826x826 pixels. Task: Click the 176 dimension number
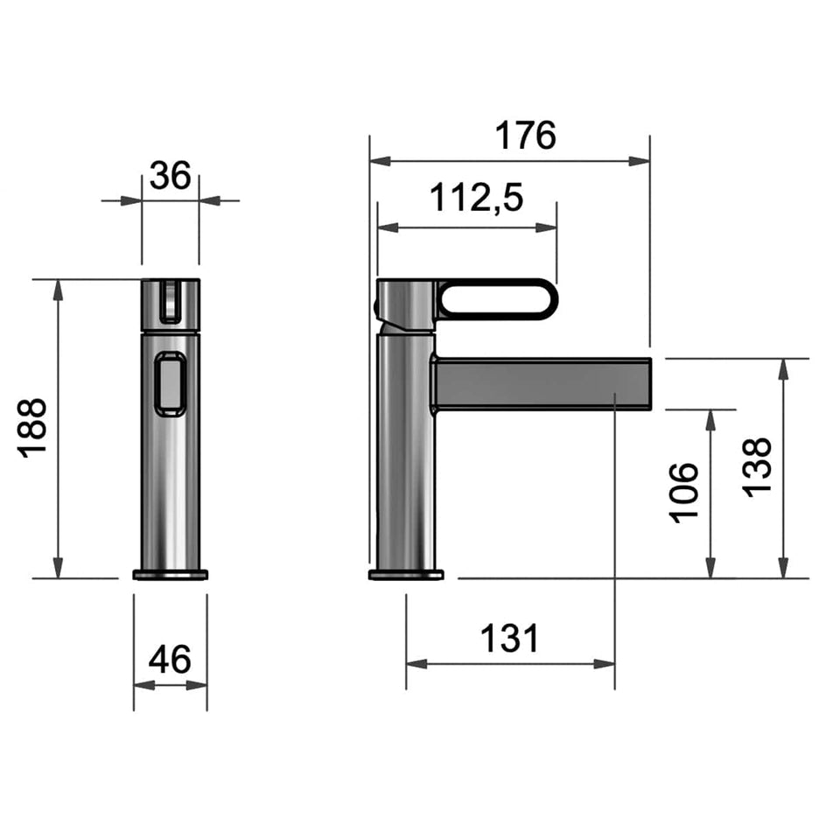tap(525, 136)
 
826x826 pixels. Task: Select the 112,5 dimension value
tap(477, 198)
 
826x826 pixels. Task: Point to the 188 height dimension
tap(32, 428)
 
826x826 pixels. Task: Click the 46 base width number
tap(170, 659)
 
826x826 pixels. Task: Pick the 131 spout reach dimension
tap(510, 638)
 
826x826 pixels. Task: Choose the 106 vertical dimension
tap(683, 493)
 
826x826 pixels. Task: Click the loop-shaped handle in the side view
tap(497, 299)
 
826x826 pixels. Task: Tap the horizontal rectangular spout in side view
tap(542, 384)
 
